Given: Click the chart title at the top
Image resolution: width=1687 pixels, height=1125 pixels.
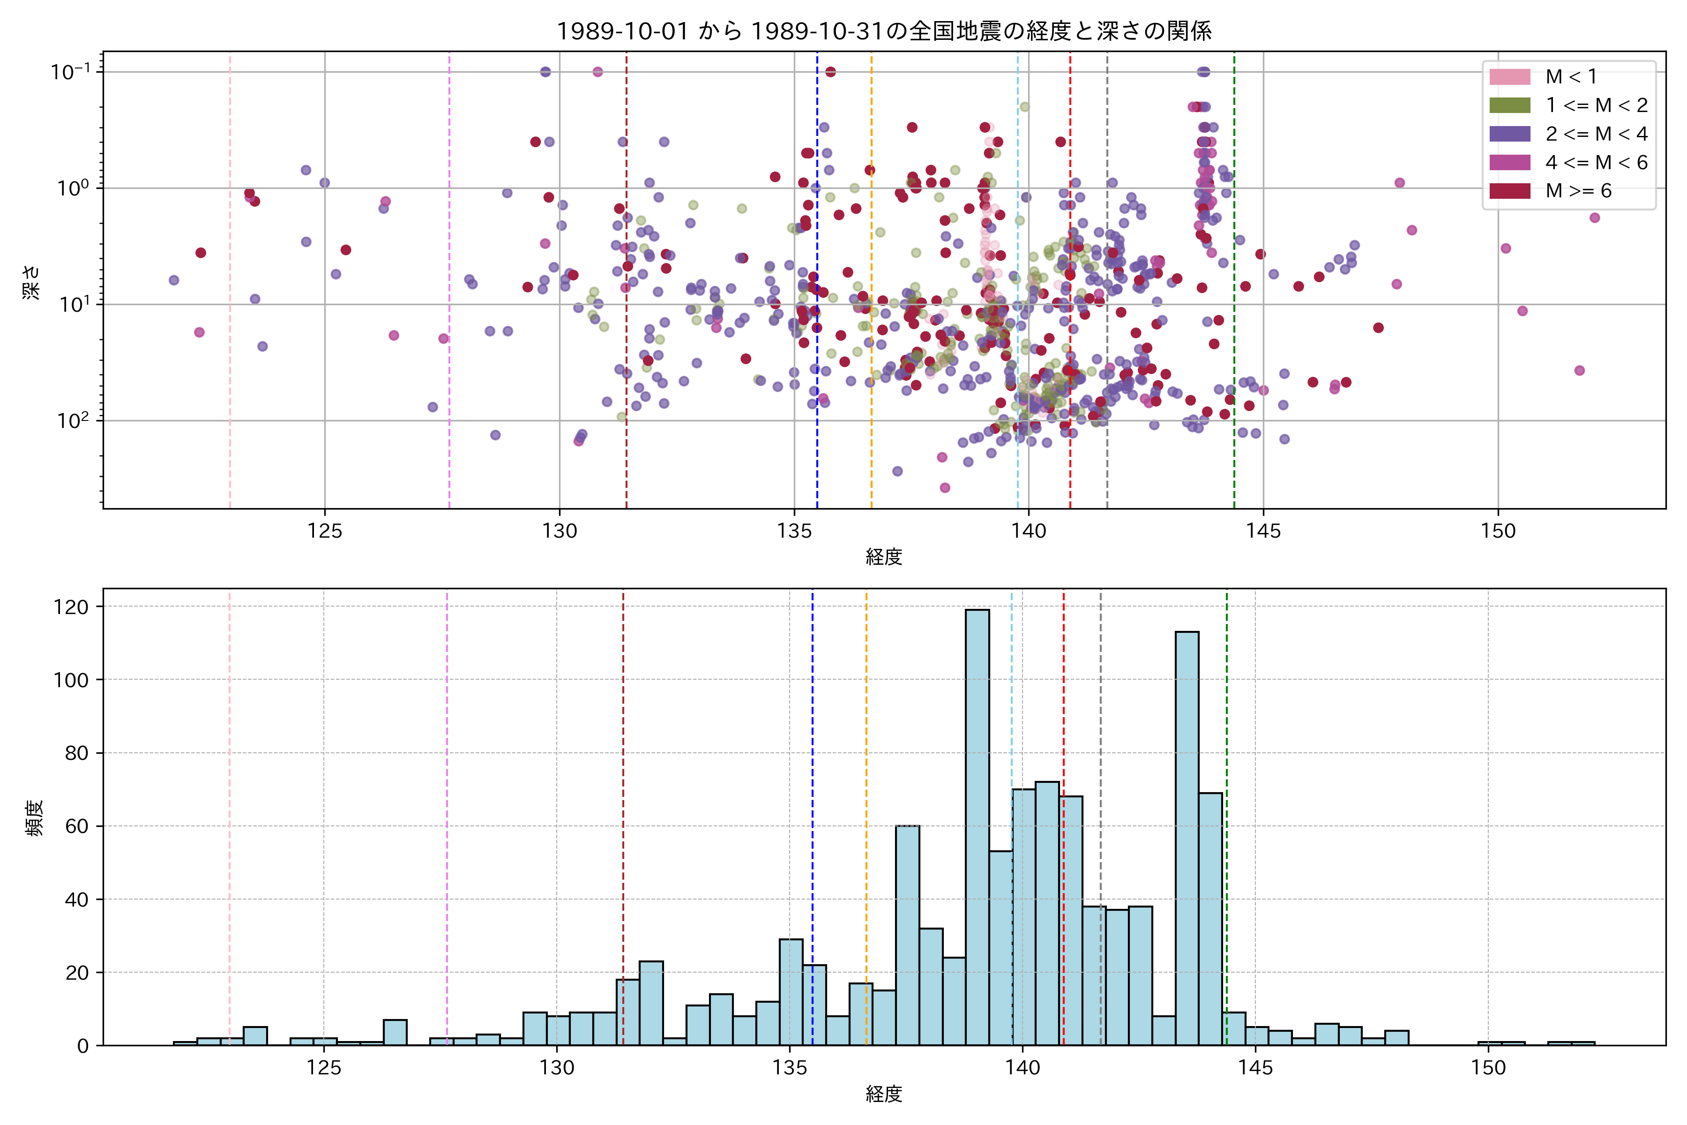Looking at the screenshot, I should point(884,31).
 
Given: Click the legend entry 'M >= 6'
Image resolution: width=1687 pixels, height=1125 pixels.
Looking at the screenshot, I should point(1578,191).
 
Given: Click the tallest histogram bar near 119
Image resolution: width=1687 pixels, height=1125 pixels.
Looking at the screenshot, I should point(977,825).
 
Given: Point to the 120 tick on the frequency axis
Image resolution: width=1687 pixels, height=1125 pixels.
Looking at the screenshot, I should point(71,607).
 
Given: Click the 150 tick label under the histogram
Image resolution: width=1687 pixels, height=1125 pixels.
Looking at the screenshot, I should point(1488,1068).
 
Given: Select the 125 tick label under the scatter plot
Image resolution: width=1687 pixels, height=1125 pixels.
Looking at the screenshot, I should point(325,532).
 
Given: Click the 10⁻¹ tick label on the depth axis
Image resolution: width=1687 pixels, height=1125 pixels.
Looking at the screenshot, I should point(70,72).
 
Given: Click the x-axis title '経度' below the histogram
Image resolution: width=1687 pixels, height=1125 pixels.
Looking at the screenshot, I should point(884,1094).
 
